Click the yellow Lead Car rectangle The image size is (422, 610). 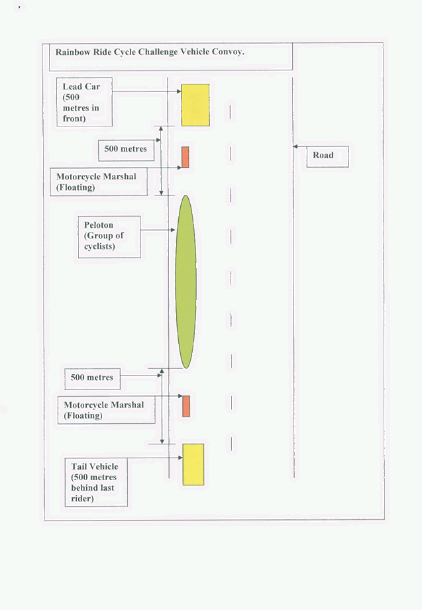(x=195, y=105)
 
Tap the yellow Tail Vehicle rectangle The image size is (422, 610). (x=193, y=464)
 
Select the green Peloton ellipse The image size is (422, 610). (x=185, y=281)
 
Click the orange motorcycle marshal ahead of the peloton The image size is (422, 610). (x=185, y=157)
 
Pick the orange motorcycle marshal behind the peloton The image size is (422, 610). (x=186, y=406)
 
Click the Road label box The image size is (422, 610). (x=327, y=157)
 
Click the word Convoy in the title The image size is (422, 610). (x=227, y=52)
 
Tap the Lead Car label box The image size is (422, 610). (x=85, y=102)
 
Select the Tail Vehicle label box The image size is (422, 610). (x=96, y=482)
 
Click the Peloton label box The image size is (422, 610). (x=109, y=237)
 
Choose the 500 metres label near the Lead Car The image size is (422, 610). (x=126, y=150)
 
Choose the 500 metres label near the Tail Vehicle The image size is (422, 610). (x=92, y=379)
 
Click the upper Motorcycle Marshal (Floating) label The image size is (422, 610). (x=99, y=181)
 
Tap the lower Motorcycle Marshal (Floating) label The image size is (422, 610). (x=106, y=410)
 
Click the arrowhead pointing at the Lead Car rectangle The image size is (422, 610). (x=179, y=91)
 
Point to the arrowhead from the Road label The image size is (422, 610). (x=295, y=146)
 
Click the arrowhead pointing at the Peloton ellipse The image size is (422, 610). (x=173, y=230)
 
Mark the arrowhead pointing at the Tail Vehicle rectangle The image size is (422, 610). (x=181, y=458)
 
